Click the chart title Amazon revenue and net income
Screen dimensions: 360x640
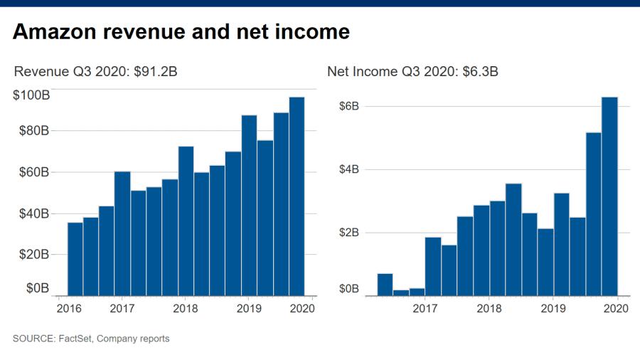tap(181, 32)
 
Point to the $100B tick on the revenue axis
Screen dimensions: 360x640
tap(31, 95)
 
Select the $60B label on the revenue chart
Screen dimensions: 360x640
tap(33, 172)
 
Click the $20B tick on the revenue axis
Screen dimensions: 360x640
tap(33, 254)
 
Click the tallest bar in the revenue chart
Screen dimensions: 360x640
tap(297, 196)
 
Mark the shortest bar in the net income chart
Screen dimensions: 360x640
tap(401, 292)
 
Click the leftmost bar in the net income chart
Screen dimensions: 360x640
tap(385, 284)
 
